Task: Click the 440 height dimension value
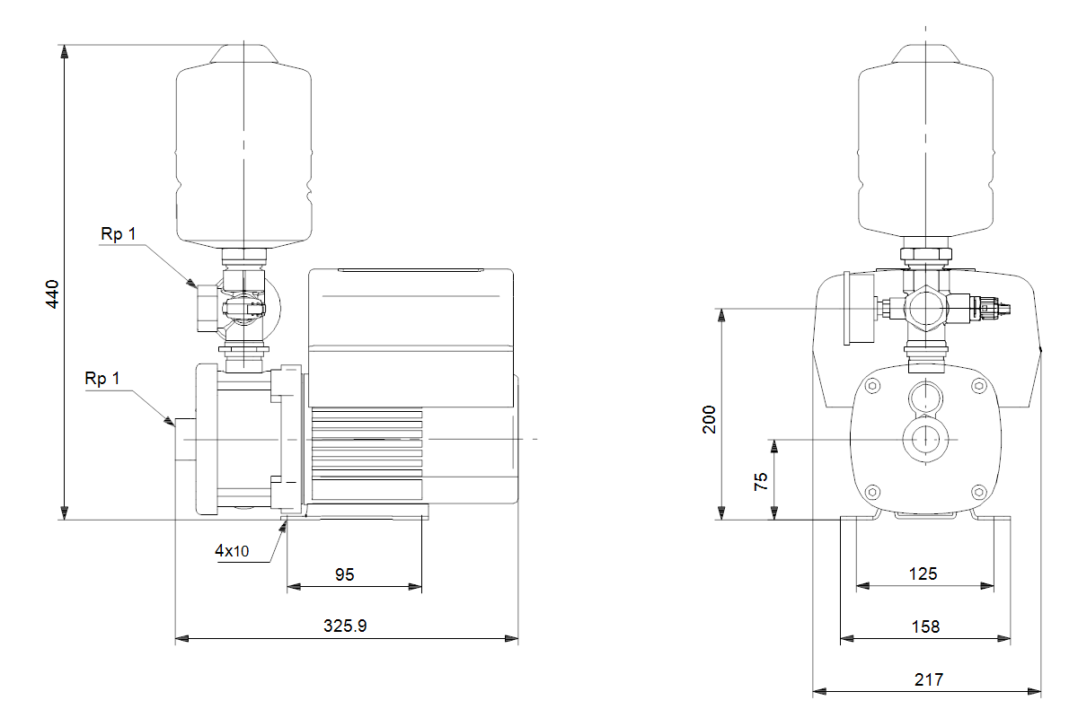51,294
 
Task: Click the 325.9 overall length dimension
345,626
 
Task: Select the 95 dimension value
345,574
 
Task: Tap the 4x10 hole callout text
232,551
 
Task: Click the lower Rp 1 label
102,379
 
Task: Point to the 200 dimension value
710,420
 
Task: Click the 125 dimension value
923,574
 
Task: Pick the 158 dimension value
924,626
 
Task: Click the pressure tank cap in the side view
243,54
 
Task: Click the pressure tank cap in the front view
925,54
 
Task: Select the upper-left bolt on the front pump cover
871,386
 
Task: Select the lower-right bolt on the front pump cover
978,492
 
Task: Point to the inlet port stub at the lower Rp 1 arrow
184,440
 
